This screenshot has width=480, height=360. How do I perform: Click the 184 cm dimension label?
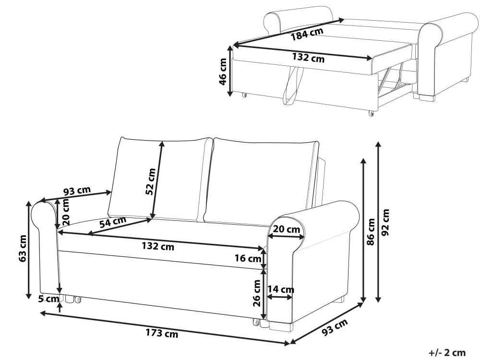[307, 34]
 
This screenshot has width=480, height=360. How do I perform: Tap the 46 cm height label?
[223, 72]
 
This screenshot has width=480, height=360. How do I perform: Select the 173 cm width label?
[162, 333]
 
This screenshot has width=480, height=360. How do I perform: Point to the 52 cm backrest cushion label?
[151, 181]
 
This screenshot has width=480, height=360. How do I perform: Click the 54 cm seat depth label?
[113, 222]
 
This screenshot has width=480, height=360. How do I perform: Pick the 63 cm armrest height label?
[23, 248]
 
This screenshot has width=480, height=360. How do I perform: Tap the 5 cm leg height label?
[48, 299]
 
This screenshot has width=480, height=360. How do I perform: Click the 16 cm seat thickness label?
[248, 258]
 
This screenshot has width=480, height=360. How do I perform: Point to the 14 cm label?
[281, 289]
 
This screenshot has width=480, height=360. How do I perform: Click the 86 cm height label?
[371, 232]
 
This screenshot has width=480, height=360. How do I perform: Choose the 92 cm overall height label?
[385, 222]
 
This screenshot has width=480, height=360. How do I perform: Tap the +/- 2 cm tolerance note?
[447, 353]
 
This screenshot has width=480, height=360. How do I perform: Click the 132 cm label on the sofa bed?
[308, 58]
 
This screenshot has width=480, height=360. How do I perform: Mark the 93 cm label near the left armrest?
[77, 191]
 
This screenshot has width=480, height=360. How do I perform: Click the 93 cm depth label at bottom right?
[335, 327]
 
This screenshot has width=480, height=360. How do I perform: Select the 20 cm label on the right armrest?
[287, 229]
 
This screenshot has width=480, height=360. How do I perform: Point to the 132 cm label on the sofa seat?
[158, 246]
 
